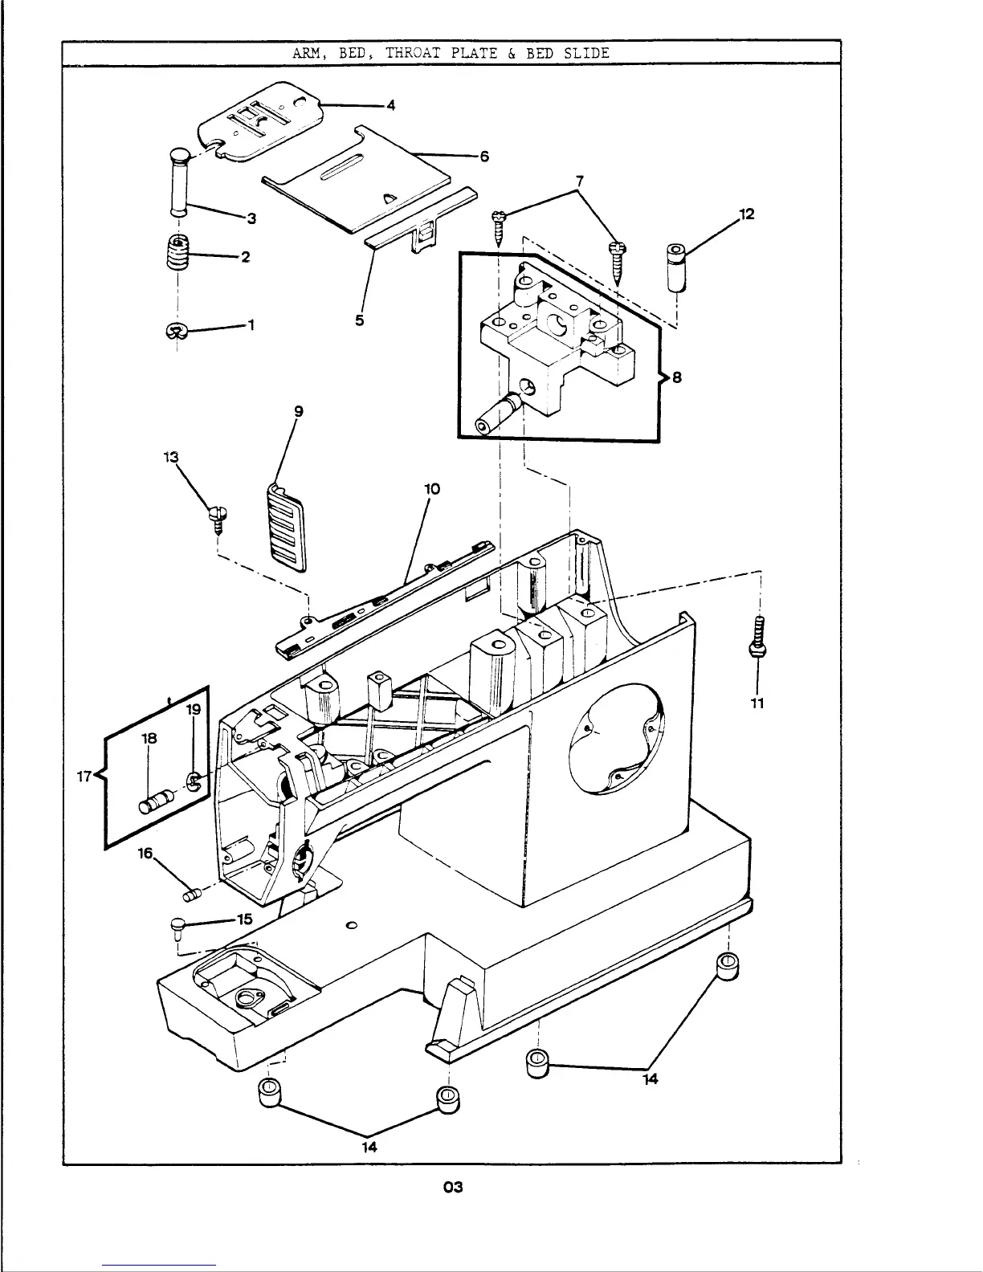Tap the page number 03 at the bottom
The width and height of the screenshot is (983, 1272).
coord(453,1187)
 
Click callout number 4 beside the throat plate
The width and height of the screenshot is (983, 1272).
coord(391,105)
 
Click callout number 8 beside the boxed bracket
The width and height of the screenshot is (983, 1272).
coord(677,377)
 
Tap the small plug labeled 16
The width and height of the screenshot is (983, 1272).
coord(191,892)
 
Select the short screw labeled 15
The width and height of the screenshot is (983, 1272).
coord(177,930)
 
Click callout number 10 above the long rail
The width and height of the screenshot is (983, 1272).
coord(432,489)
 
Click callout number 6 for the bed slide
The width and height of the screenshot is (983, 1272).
coord(484,157)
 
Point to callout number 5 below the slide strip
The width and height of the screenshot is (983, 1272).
coord(359,320)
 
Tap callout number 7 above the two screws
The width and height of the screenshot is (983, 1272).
coord(580,180)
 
